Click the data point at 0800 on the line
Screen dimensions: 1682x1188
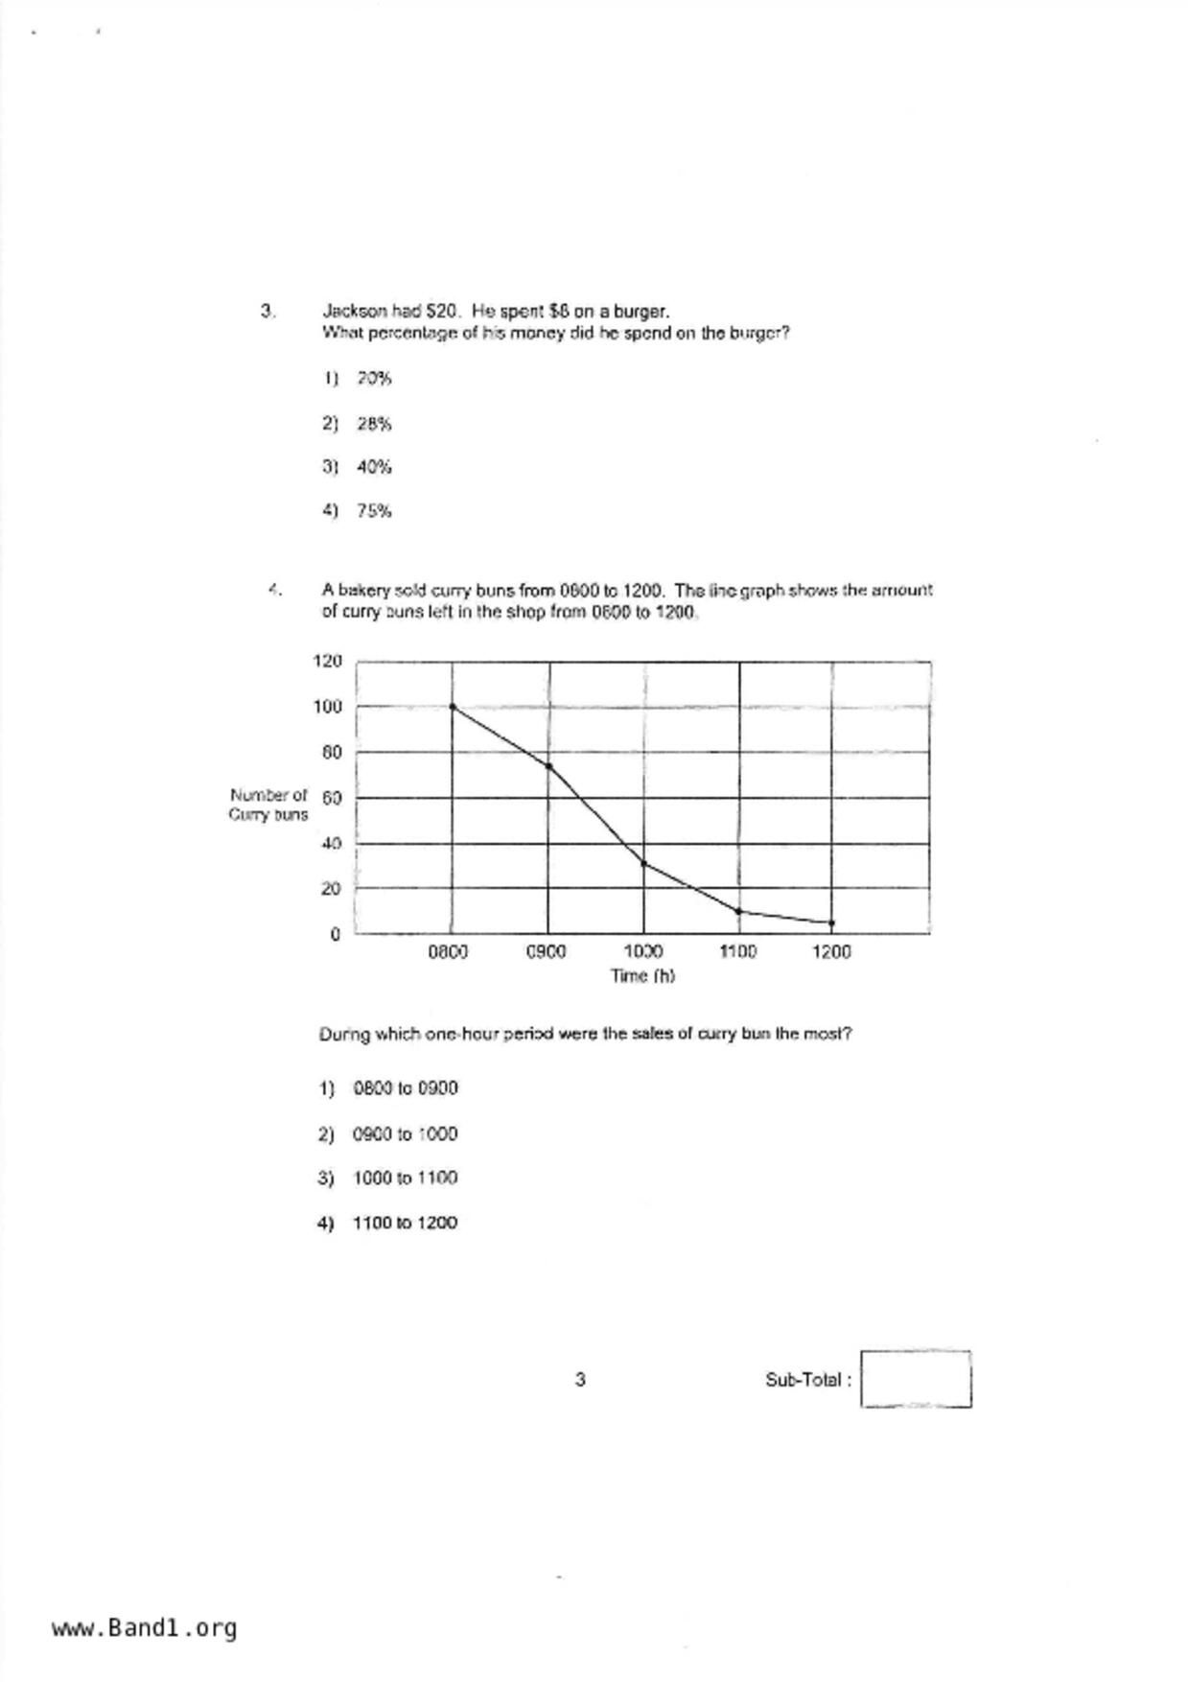click(x=453, y=707)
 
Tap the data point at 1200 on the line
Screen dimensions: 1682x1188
click(x=831, y=923)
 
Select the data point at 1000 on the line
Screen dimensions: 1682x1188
click(x=643, y=863)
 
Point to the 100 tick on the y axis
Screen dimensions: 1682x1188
click(x=327, y=707)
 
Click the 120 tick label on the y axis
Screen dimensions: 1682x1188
click(x=327, y=661)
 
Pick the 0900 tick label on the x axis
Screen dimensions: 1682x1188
click(x=547, y=952)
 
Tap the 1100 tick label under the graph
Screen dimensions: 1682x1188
click(x=737, y=952)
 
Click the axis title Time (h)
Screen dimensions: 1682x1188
click(x=642, y=976)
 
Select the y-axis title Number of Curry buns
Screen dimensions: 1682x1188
click(x=268, y=805)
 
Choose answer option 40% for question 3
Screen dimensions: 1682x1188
click(x=374, y=467)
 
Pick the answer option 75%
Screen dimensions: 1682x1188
click(x=374, y=511)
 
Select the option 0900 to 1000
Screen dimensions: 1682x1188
click(x=405, y=1134)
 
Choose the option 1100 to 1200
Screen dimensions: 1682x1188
click(x=405, y=1223)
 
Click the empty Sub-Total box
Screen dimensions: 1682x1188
click(x=915, y=1379)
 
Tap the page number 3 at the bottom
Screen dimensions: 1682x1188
click(x=580, y=1380)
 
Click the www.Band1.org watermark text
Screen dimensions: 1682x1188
click(x=144, y=1628)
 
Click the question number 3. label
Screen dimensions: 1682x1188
click(x=268, y=311)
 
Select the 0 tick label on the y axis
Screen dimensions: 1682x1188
click(x=335, y=934)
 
